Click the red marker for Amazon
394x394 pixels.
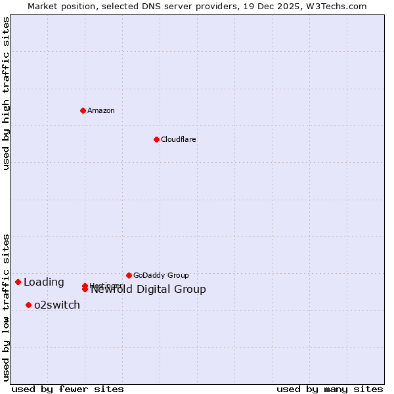point(83,110)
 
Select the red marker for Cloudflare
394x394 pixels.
point(156,139)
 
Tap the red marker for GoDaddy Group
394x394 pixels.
point(129,275)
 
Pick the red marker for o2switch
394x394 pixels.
point(28,305)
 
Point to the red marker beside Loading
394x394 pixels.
point(18,282)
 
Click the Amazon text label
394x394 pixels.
point(101,110)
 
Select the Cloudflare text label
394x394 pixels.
point(179,139)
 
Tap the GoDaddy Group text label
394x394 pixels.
point(161,275)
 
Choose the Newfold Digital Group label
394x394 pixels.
point(148,290)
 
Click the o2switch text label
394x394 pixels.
point(57,305)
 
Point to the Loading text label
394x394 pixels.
point(44,282)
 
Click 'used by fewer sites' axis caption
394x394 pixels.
point(68,389)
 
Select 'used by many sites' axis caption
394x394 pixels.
point(330,389)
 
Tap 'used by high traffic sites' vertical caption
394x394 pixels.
point(6,93)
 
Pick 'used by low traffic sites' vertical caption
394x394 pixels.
point(6,307)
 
